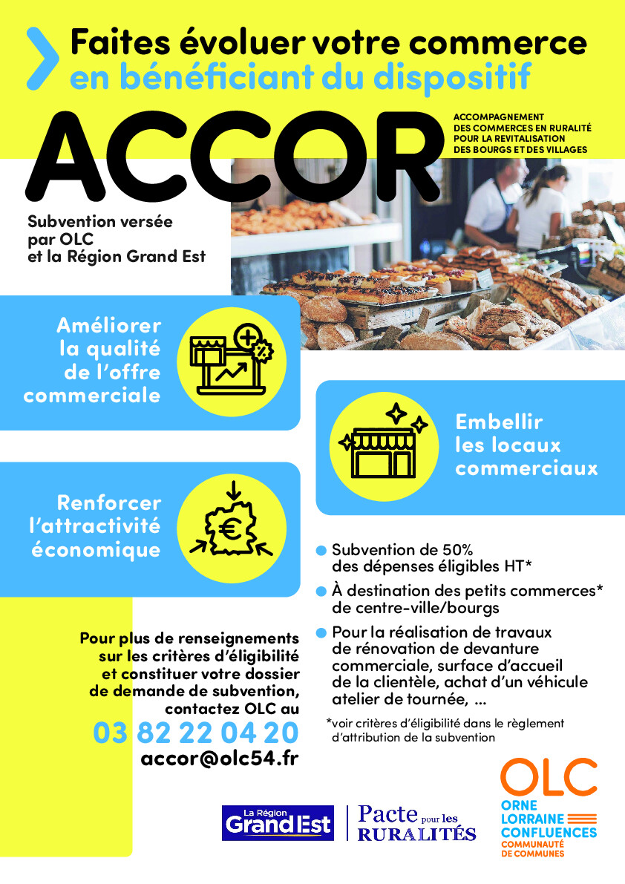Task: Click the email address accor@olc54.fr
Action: [x=219, y=761]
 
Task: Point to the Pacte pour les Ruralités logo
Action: [x=416, y=822]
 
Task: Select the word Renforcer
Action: [x=108, y=503]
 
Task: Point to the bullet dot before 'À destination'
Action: [x=321, y=592]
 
